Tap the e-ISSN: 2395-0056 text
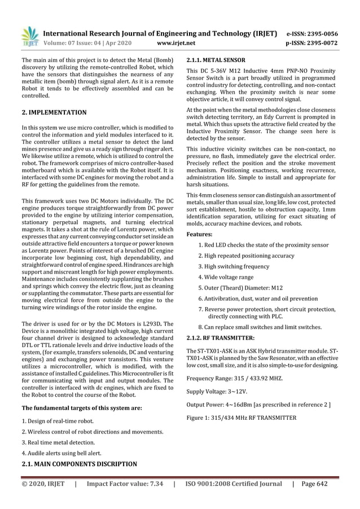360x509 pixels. [x=313, y=33]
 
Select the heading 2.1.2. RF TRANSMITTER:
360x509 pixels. [x=220, y=337]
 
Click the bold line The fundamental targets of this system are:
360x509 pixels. [x=77, y=407]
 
